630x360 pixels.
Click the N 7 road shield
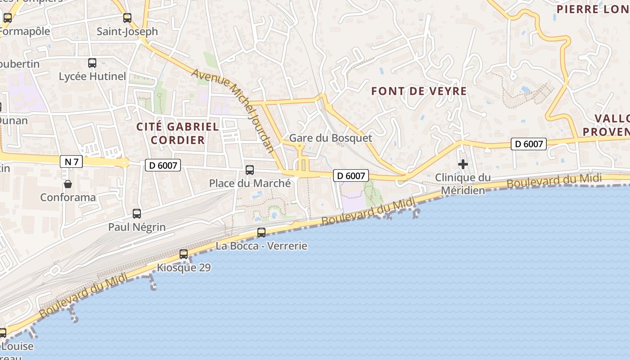click(x=71, y=162)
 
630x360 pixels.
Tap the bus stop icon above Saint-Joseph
click(x=127, y=18)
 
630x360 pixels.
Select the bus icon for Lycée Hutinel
click(x=92, y=63)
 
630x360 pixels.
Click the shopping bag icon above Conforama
click(x=67, y=184)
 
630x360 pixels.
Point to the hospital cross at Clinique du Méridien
click(x=463, y=164)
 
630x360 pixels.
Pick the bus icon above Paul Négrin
click(x=137, y=214)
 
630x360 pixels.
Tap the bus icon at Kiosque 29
click(x=184, y=254)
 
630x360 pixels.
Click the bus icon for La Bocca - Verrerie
click(x=261, y=233)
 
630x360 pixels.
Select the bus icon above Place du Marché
click(x=250, y=170)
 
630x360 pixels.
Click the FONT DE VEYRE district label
click(x=419, y=91)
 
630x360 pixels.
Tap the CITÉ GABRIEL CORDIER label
click(x=178, y=133)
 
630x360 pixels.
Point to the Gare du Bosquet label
click(x=331, y=138)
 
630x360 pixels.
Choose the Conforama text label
click(x=68, y=197)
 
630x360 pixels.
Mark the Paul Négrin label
click(x=137, y=227)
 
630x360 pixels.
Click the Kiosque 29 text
click(x=184, y=268)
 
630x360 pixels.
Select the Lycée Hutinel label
click(x=92, y=76)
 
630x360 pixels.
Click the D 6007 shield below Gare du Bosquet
click(x=351, y=175)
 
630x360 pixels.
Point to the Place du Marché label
click(x=250, y=183)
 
